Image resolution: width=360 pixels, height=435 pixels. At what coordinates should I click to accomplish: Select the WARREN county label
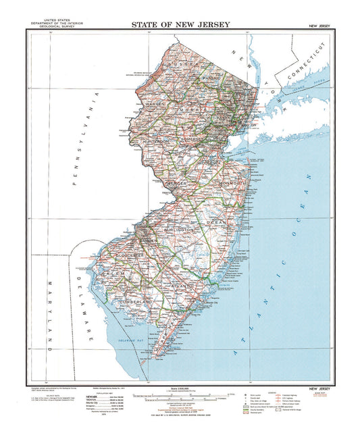(155, 105)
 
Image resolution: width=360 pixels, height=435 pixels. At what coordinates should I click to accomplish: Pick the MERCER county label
(178, 182)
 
